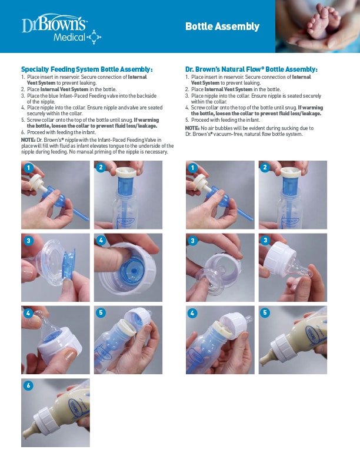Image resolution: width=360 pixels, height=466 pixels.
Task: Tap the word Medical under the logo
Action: pyautogui.click(x=69, y=38)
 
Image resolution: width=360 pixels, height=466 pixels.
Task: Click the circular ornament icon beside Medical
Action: pyautogui.click(x=94, y=37)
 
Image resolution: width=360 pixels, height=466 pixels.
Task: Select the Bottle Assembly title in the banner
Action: pyautogui.click(x=222, y=26)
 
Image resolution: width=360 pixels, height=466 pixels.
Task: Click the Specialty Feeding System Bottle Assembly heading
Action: pyautogui.click(x=86, y=69)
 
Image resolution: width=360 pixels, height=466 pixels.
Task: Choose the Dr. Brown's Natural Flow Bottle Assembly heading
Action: pyautogui.click(x=251, y=69)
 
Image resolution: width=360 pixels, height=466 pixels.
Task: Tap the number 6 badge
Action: pyautogui.click(x=28, y=386)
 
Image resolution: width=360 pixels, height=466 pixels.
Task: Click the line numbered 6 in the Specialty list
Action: pyautogui.click(x=58, y=132)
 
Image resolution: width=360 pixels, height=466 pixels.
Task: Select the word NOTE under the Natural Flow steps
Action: pyautogui.click(x=192, y=128)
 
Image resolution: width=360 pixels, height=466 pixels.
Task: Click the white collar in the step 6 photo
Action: pyautogui.click(x=46, y=420)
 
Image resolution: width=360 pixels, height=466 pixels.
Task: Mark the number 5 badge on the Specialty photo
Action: pyautogui.click(x=101, y=312)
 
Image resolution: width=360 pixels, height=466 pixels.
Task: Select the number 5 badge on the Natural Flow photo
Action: pyautogui.click(x=265, y=312)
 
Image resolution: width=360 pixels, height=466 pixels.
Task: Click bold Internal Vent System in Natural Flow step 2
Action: pyautogui.click(x=228, y=89)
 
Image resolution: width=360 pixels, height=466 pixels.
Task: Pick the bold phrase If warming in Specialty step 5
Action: pyautogui.click(x=146, y=120)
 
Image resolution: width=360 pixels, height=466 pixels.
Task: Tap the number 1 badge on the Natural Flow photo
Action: pyautogui.click(x=192, y=168)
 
